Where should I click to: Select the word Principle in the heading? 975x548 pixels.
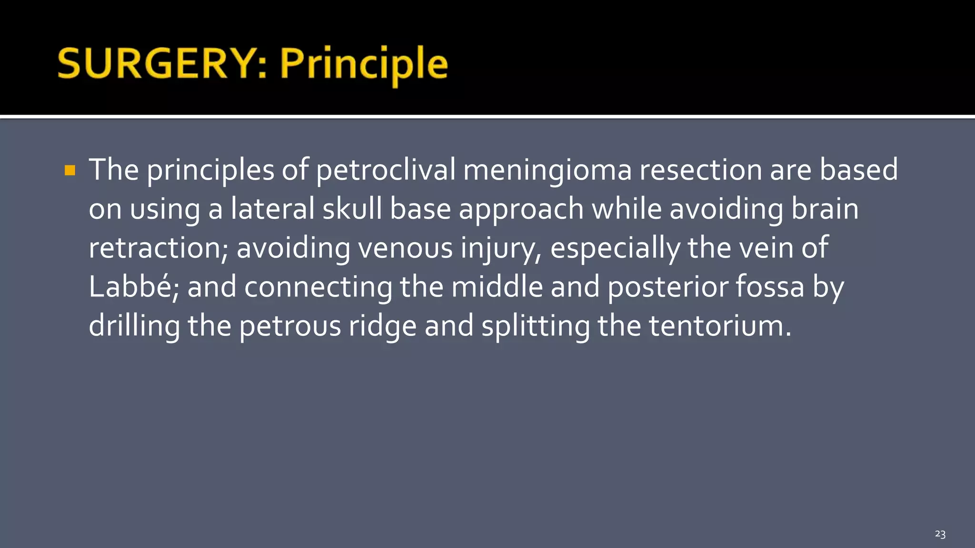364,64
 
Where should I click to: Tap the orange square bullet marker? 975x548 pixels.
70,170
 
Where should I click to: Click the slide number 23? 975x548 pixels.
940,534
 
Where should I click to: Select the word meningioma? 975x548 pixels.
547,170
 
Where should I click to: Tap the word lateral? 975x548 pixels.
272,209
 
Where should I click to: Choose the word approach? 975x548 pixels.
521,210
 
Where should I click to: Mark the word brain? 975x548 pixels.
825,209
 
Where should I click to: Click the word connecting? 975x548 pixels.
318,287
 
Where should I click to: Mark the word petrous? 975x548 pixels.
290,326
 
